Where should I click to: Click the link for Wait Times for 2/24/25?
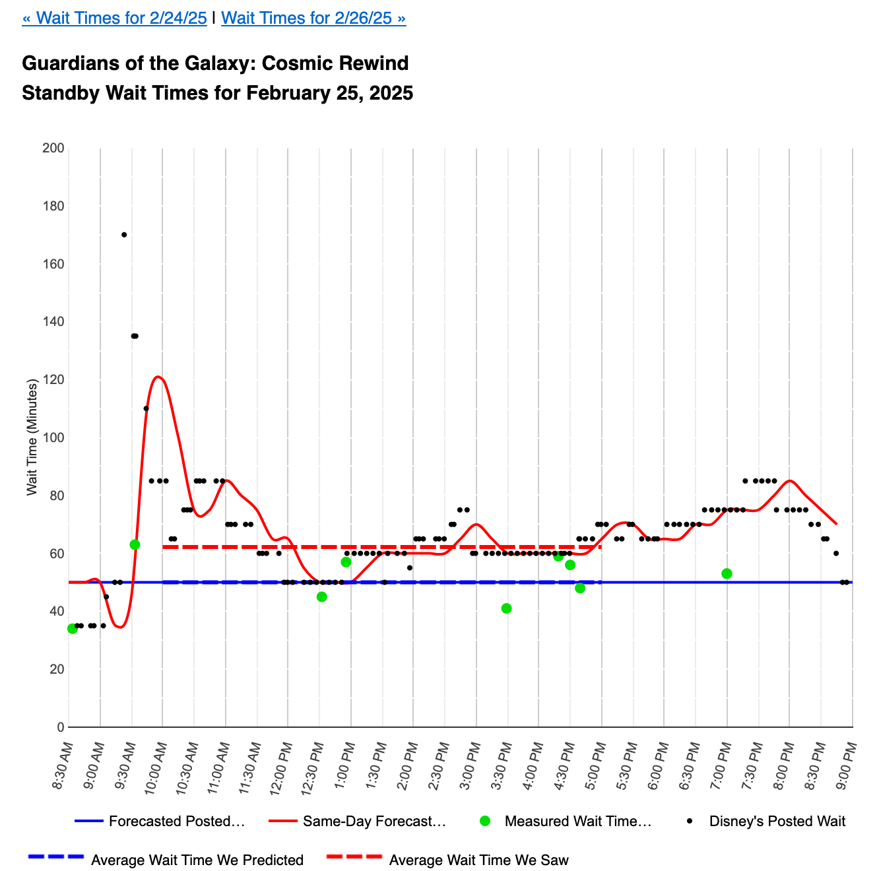coord(114,18)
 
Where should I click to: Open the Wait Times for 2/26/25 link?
coord(313,18)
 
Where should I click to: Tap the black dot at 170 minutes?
coord(124,234)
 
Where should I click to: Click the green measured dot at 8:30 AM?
coord(73,628)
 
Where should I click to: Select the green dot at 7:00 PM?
coord(727,573)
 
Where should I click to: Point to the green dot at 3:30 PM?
coord(506,608)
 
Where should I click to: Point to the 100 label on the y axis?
coord(57,437)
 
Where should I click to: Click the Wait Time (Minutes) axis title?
coord(32,437)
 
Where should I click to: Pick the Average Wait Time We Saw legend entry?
coord(478,860)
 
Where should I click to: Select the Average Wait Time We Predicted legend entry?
coord(197,860)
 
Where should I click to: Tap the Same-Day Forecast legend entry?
coord(374,822)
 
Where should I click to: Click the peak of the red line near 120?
coord(158,377)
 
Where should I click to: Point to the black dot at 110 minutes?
coord(146,408)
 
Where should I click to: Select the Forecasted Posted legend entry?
coord(176,822)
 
